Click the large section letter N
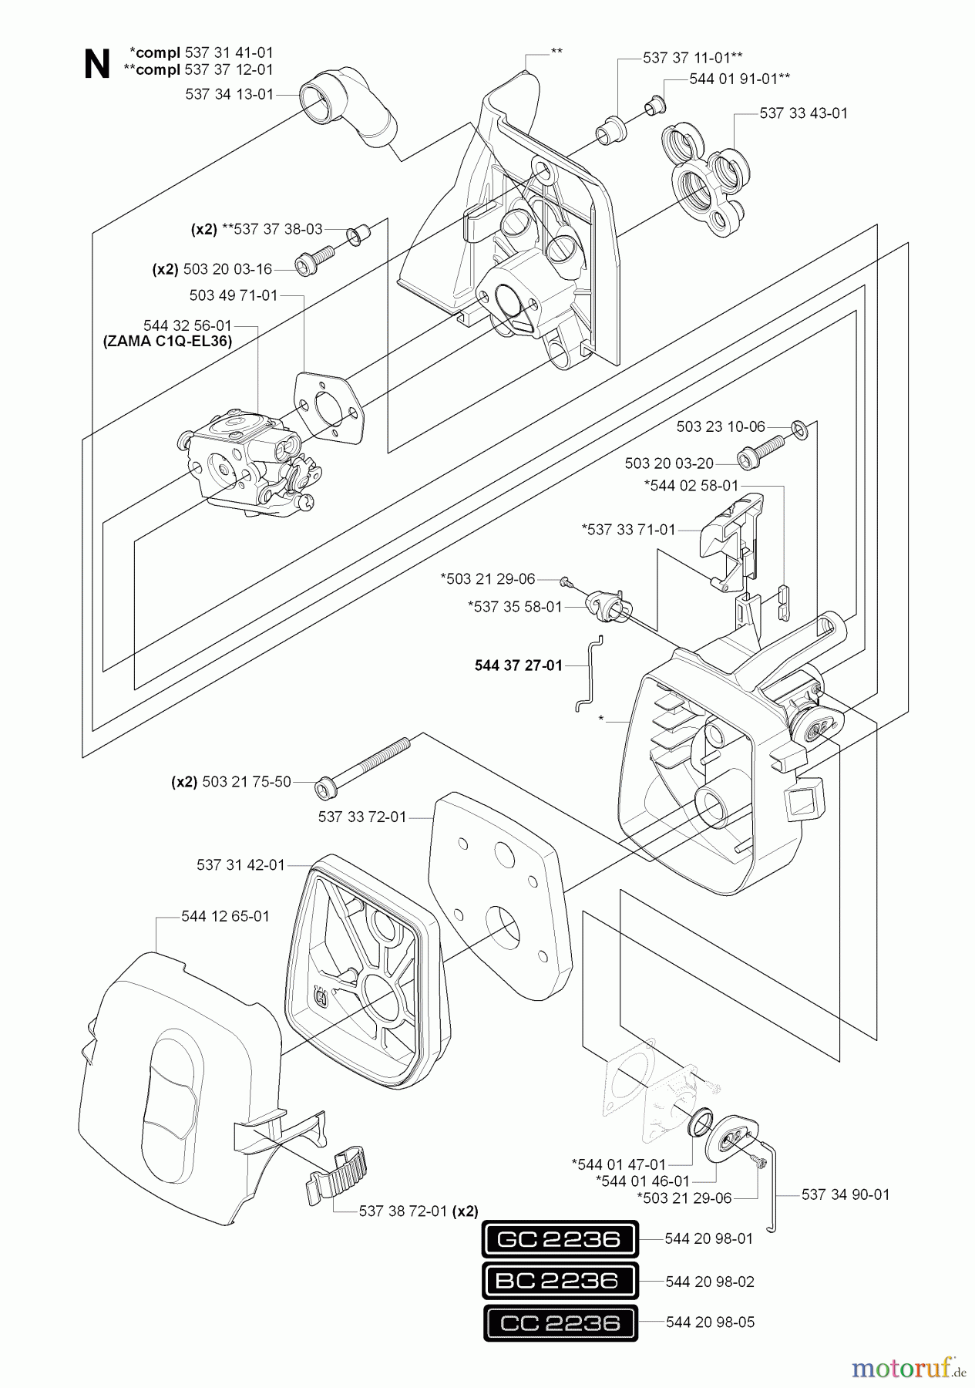[x=97, y=65]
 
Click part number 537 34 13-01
[x=229, y=94]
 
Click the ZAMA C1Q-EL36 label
[x=167, y=341]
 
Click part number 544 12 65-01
[x=226, y=917]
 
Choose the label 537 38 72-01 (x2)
[x=419, y=1211]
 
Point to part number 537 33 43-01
[x=803, y=113]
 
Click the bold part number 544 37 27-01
[x=519, y=665]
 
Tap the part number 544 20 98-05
[x=710, y=1322]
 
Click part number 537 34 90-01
[x=846, y=1194]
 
